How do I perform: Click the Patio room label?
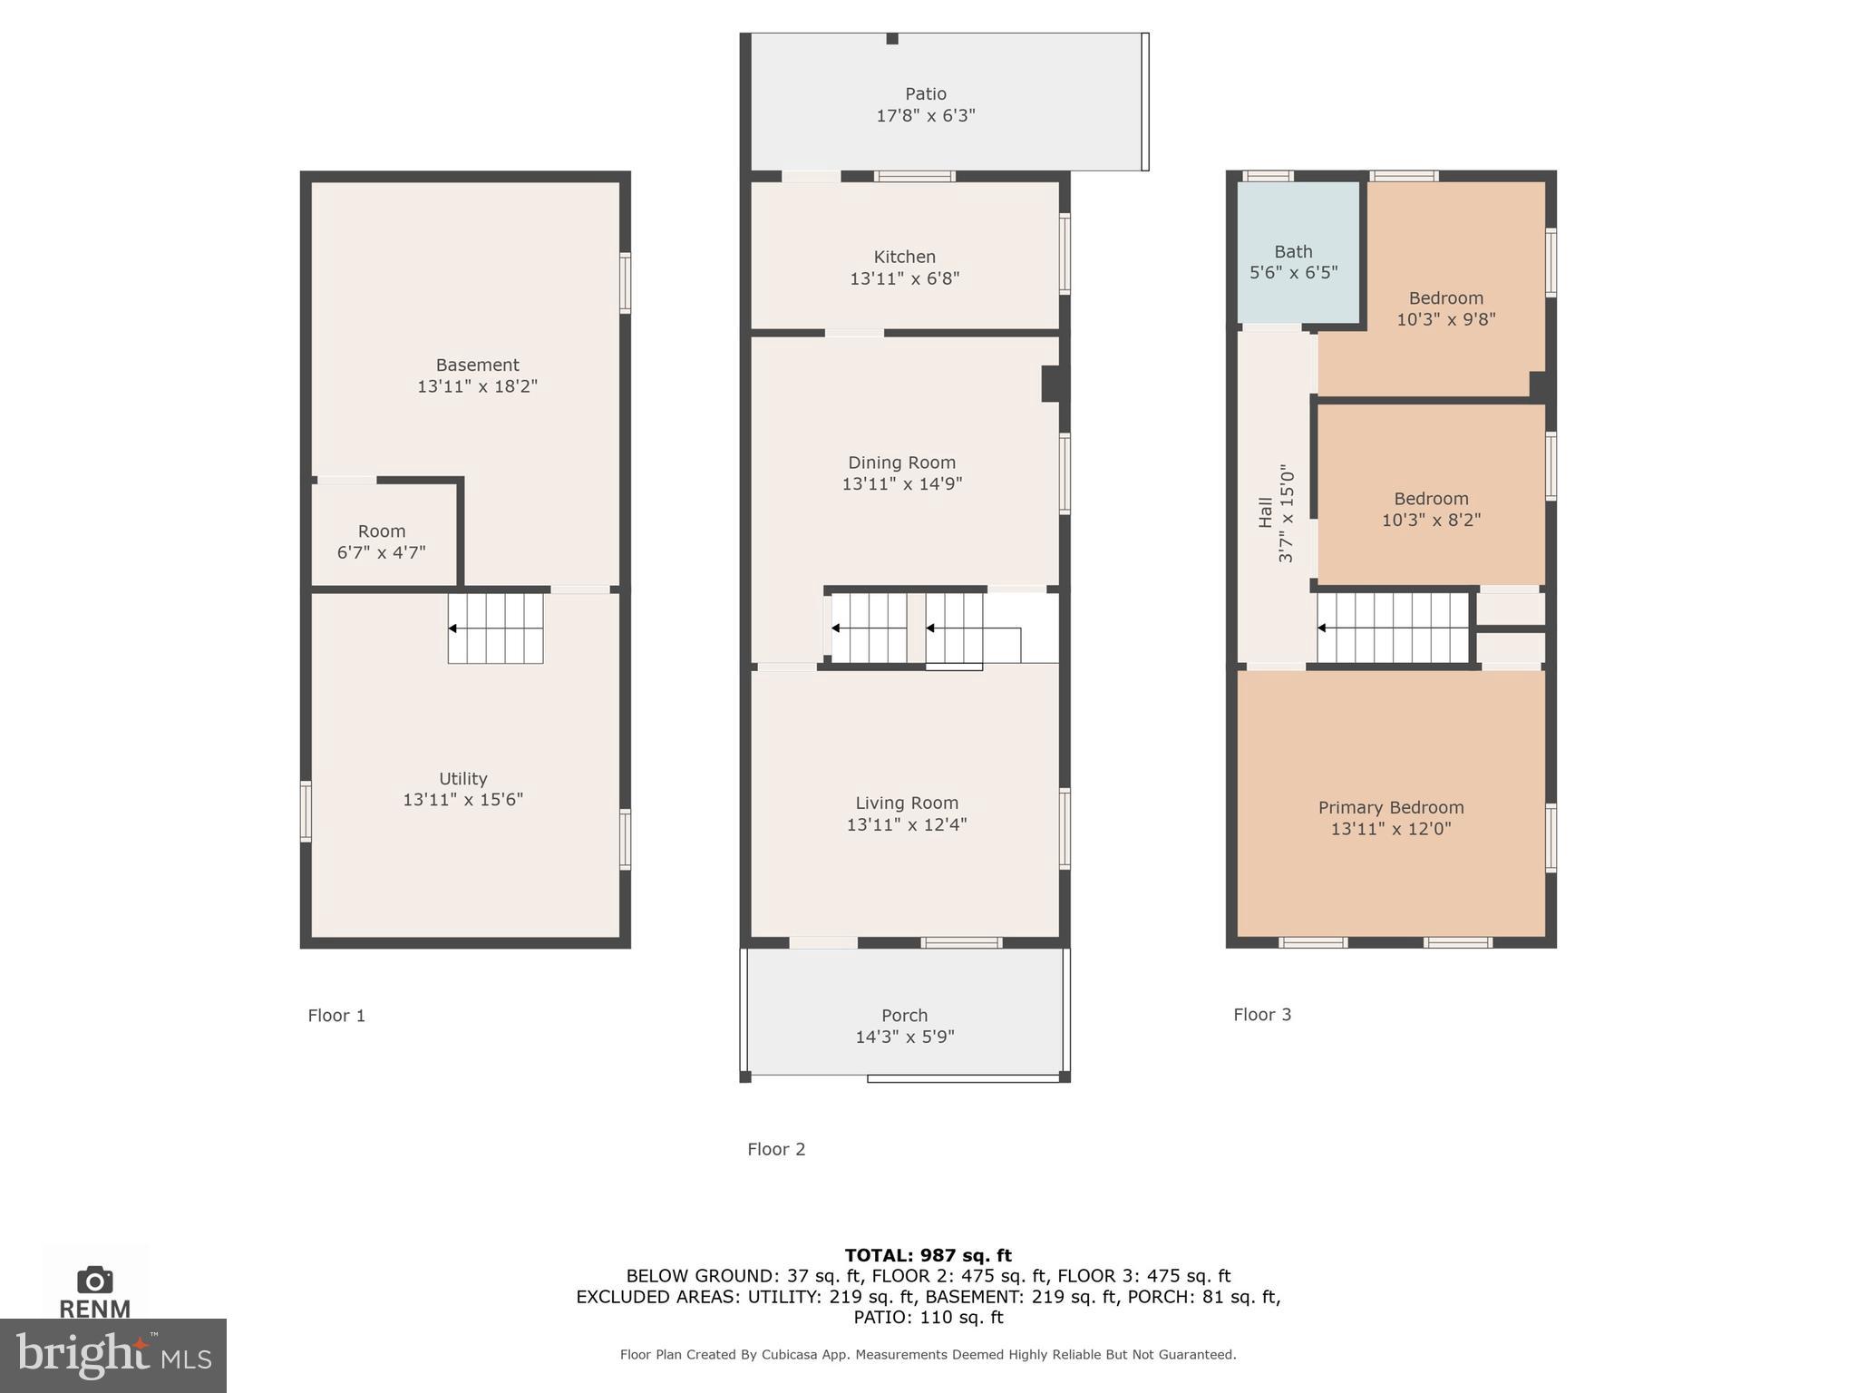click(x=925, y=93)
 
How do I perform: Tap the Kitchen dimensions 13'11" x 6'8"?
click(x=904, y=278)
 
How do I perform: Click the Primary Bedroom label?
click(x=1390, y=807)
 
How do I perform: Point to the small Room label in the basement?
click(x=381, y=531)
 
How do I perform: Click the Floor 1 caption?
click(x=336, y=1015)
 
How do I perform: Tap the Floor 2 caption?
click(x=776, y=1149)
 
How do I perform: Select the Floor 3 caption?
click(x=1261, y=1014)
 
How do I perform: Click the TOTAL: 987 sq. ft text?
click(x=928, y=1255)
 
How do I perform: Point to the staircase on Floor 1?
click(x=495, y=628)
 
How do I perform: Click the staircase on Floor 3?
click(x=1393, y=628)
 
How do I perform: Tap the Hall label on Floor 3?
click(x=1266, y=511)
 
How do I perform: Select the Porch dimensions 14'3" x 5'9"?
click(x=904, y=1037)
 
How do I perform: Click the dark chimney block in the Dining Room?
click(x=1052, y=383)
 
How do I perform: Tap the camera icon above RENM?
click(x=95, y=1280)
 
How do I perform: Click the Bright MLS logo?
click(x=113, y=1355)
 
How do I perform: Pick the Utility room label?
click(x=462, y=778)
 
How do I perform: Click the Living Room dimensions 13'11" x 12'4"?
click(x=906, y=824)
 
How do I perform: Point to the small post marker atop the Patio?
click(x=892, y=38)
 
